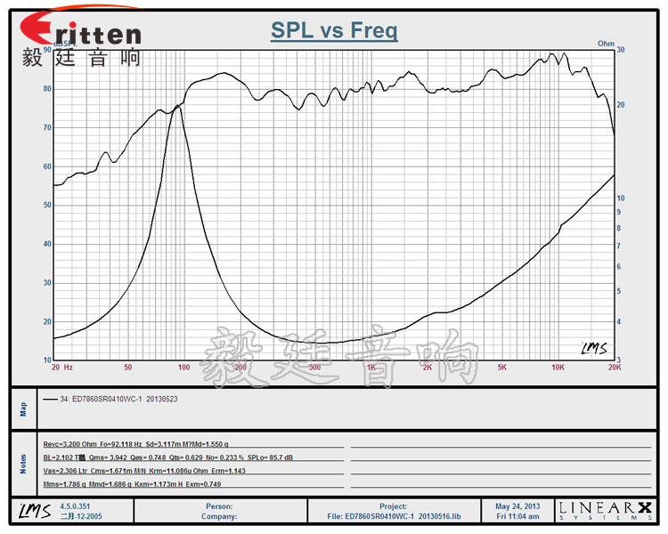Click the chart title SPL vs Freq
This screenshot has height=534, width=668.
click(x=334, y=31)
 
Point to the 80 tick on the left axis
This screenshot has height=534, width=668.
click(x=45, y=89)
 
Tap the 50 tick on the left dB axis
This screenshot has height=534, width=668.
click(x=45, y=205)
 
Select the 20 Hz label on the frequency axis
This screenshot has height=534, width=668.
click(x=61, y=367)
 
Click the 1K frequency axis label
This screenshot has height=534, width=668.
click(x=371, y=367)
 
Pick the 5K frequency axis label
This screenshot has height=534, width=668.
click(x=502, y=367)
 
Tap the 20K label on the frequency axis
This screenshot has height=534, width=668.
click(x=613, y=367)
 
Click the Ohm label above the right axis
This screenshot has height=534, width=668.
click(x=606, y=43)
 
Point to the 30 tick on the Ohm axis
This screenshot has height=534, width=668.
click(x=621, y=51)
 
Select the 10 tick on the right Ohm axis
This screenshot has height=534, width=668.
click(x=621, y=198)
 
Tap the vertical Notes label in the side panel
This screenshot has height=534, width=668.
click(x=24, y=463)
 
